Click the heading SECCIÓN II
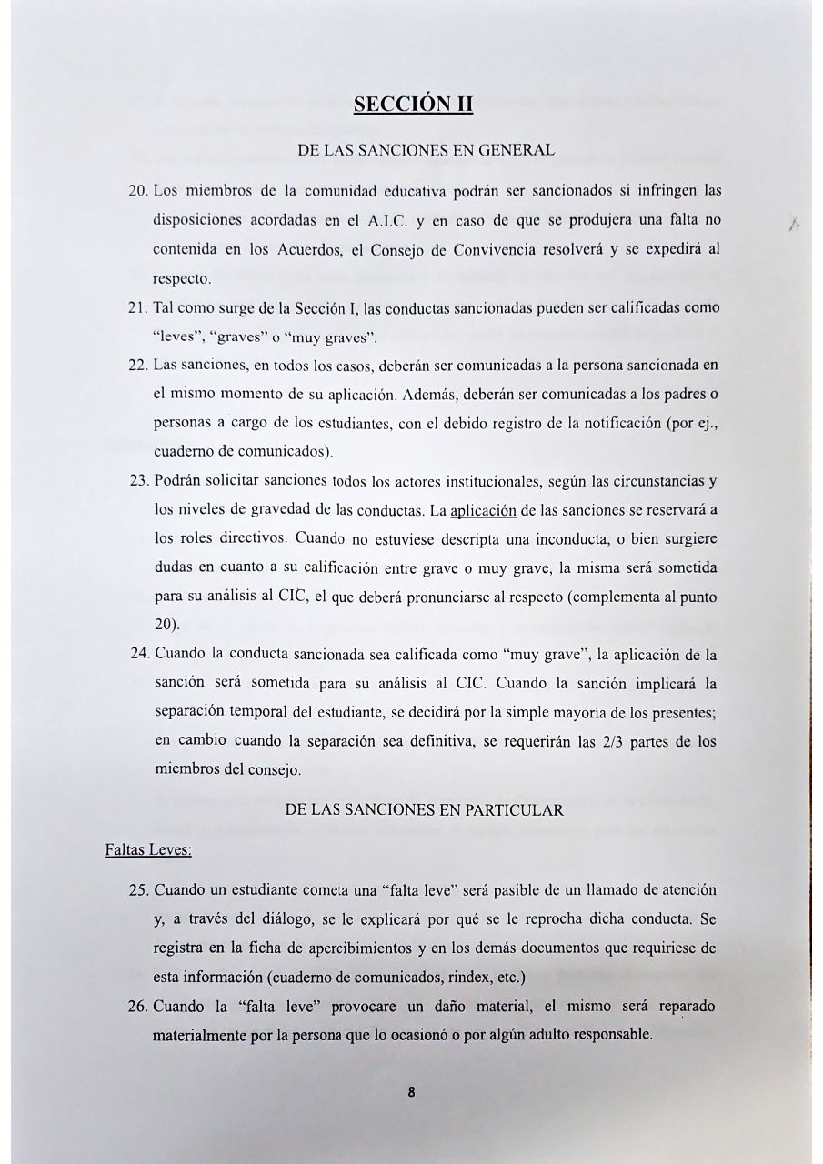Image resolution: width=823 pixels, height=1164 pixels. [414, 104]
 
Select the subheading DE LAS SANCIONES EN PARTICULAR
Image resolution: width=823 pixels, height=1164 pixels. [425, 810]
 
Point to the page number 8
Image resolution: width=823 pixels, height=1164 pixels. [412, 1094]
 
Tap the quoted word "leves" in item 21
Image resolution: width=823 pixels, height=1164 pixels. [177, 335]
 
